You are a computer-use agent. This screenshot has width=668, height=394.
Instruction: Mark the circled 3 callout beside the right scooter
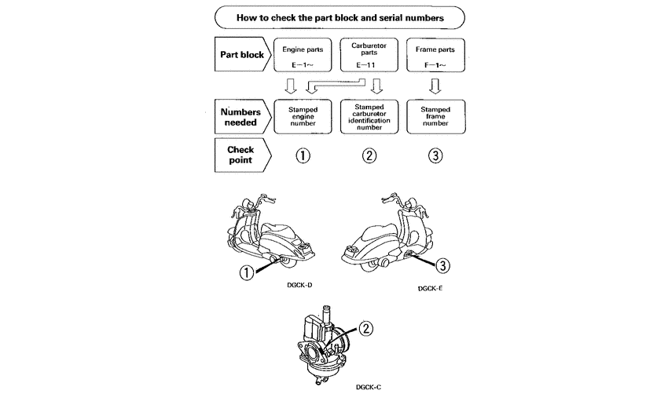pos(442,267)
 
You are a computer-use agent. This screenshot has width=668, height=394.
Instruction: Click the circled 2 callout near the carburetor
pos(366,329)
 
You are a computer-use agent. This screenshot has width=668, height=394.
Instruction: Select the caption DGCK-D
pos(301,286)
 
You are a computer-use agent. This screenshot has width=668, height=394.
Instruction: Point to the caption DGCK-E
pos(431,289)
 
